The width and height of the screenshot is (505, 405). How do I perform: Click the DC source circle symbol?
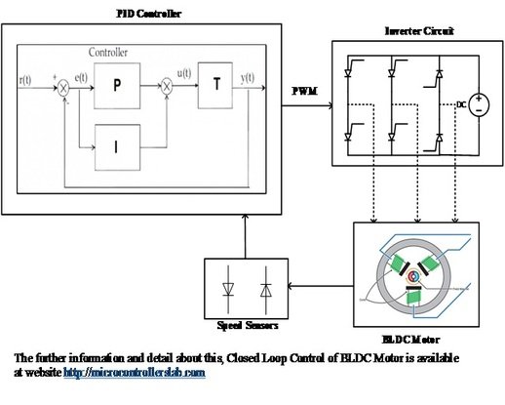click(x=479, y=103)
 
